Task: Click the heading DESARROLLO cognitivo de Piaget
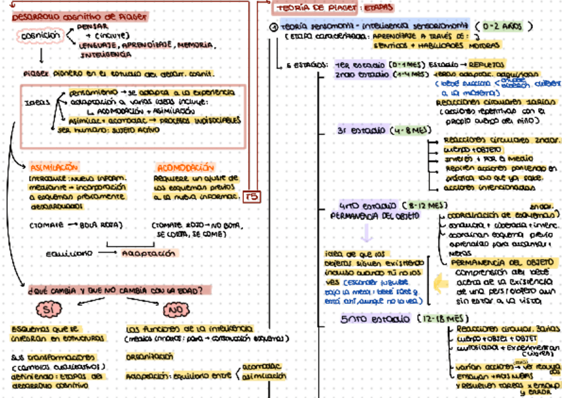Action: point(80,17)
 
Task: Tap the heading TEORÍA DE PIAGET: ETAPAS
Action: point(333,8)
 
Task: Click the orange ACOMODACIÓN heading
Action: point(185,168)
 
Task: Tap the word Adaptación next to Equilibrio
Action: point(149,253)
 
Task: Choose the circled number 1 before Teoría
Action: point(274,27)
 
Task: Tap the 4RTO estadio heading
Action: point(368,206)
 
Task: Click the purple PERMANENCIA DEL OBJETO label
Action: point(374,216)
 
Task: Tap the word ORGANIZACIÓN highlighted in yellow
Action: point(149,356)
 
